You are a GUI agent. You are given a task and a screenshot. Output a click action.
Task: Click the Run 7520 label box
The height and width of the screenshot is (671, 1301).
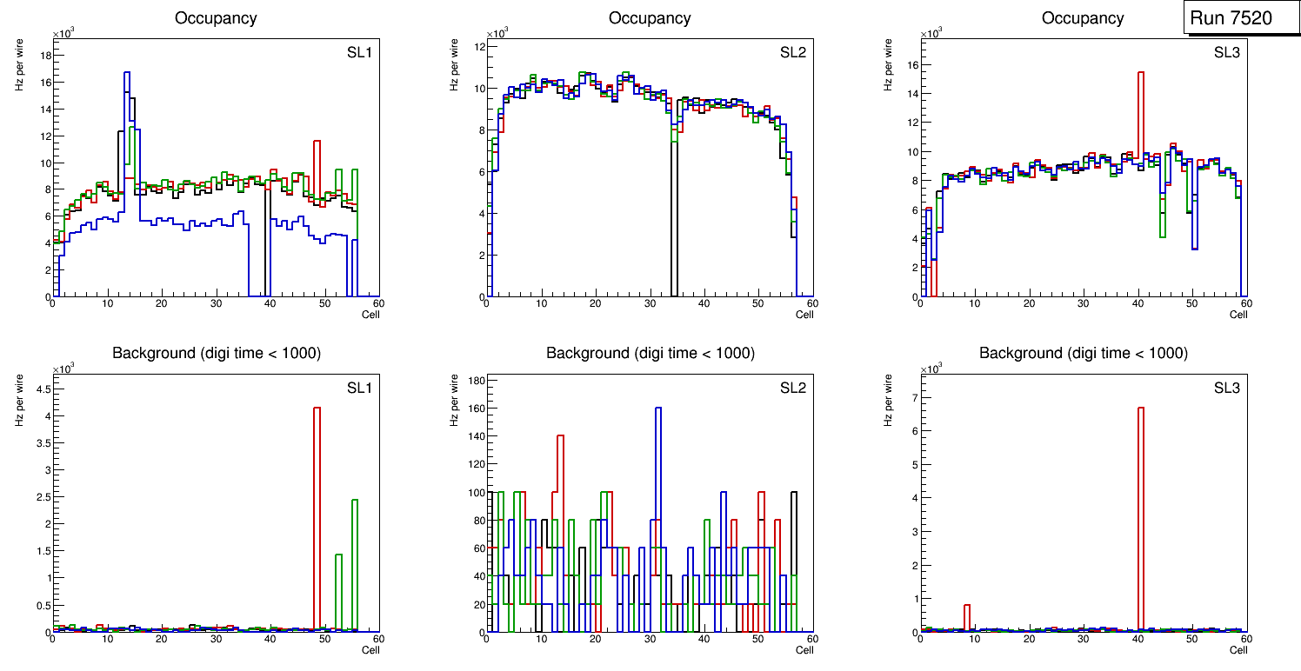pyautogui.click(x=1242, y=18)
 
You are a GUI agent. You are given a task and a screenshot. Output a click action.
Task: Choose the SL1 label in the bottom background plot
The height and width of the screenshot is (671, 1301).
pyautogui.click(x=359, y=388)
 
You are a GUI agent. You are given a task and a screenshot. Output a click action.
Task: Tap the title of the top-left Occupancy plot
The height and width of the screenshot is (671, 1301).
pyautogui.click(x=216, y=18)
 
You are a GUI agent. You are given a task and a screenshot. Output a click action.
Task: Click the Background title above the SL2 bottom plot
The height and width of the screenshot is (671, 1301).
pyautogui.click(x=650, y=353)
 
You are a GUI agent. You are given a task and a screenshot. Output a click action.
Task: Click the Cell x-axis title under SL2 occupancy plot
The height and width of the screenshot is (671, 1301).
pyautogui.click(x=804, y=315)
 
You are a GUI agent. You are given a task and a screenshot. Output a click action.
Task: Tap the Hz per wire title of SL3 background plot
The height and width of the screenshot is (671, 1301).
pyautogui.click(x=889, y=399)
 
